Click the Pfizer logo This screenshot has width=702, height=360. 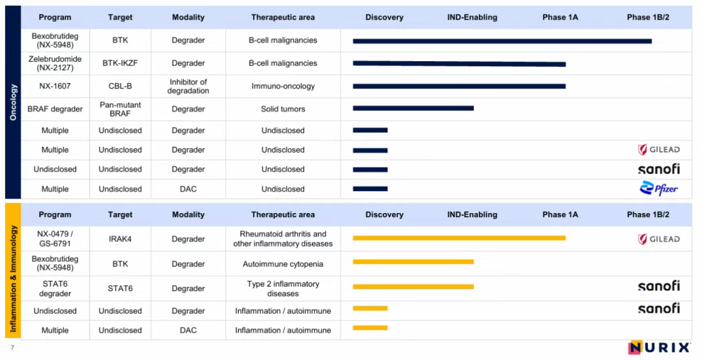658,188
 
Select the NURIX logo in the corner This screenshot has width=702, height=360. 659,348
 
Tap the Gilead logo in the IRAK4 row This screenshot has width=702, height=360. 658,239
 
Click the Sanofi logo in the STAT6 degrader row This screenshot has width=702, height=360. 658,286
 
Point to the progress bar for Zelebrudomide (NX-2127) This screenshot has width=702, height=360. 459,64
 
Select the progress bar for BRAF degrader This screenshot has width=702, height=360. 413,109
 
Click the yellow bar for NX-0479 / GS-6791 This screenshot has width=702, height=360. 459,238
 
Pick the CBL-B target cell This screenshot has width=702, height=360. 120,86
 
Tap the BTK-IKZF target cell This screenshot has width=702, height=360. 120,63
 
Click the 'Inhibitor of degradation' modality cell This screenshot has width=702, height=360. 188,86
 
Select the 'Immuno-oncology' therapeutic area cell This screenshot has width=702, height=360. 283,86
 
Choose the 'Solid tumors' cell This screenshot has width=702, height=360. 283,109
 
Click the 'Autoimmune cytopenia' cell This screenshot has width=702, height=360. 283,264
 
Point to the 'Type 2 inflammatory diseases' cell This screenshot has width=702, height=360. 283,289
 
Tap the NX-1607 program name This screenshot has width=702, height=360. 55,86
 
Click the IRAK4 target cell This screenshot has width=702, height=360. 120,239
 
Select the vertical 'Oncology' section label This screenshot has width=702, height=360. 13,102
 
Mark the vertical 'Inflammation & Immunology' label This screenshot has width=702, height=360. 13,278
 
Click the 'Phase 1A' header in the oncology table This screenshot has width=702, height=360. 560,18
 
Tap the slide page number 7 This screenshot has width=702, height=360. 12,347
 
